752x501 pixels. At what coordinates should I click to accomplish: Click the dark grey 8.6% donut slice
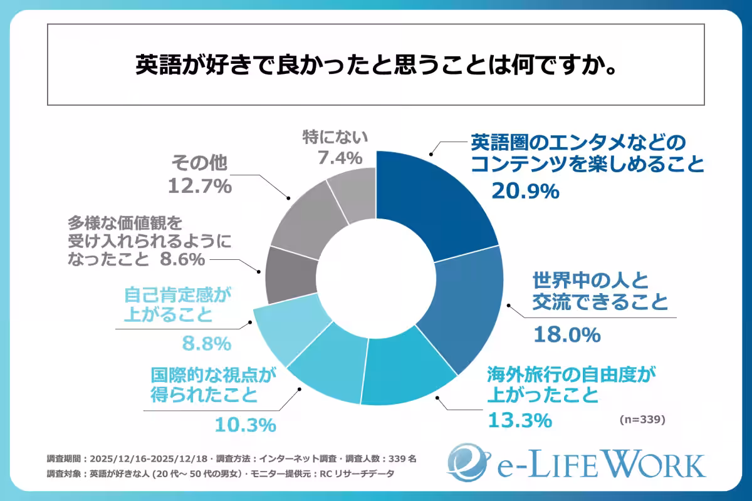(x=290, y=276)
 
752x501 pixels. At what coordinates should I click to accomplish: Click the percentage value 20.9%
(x=525, y=191)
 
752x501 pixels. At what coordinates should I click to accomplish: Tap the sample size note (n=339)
(x=642, y=418)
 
